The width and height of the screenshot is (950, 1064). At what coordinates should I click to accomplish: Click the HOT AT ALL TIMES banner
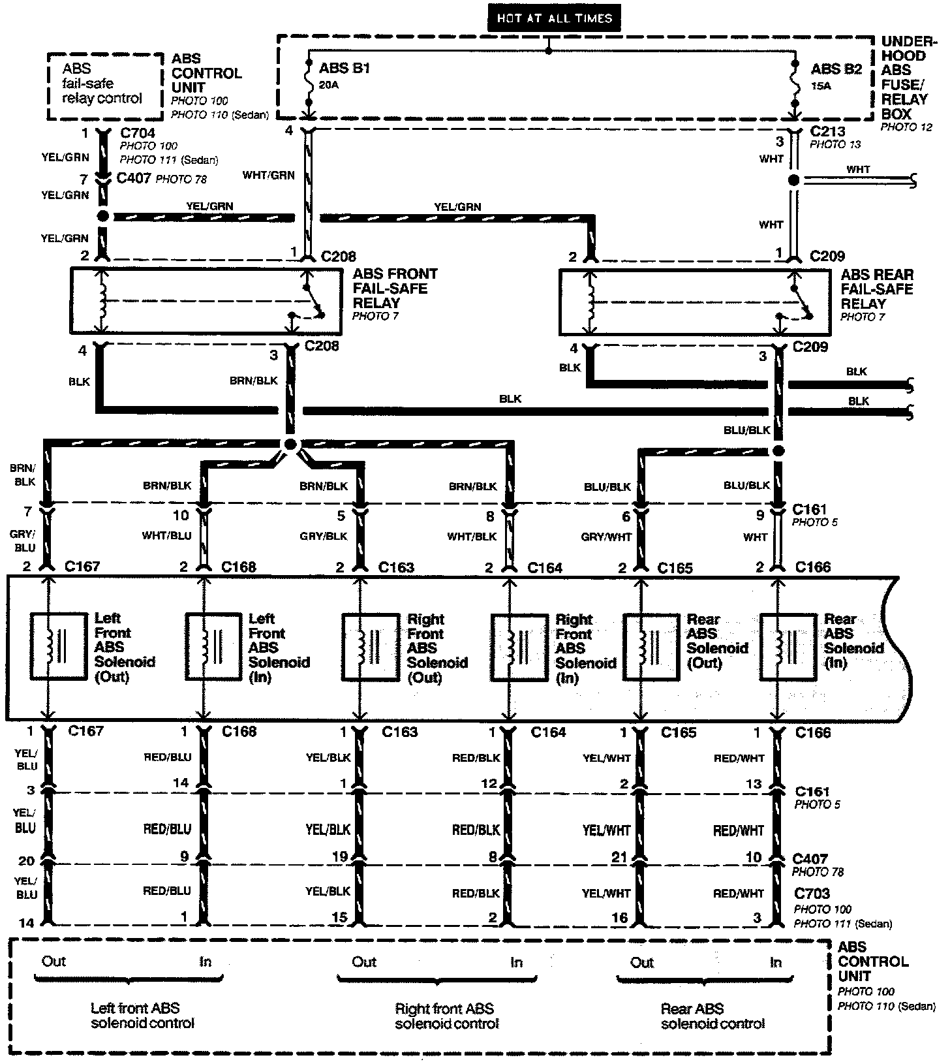554,18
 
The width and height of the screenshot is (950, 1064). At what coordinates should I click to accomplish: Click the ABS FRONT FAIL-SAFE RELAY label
395,289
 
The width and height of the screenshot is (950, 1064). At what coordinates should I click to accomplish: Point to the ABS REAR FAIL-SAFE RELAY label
877,289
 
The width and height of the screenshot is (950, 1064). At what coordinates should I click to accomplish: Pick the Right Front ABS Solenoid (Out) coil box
371,646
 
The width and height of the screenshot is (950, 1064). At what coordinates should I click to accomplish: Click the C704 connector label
138,133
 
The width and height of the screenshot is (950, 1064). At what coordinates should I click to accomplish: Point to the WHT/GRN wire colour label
268,175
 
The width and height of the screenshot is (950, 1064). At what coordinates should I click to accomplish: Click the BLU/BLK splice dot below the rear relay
778,450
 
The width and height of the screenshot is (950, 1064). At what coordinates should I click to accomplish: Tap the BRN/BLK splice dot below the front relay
291,444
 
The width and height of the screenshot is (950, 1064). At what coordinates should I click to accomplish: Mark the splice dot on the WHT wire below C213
794,180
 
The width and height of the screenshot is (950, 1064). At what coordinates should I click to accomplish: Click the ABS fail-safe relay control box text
102,84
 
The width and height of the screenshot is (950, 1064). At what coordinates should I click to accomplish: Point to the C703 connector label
812,893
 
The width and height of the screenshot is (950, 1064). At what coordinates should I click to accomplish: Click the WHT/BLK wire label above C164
472,537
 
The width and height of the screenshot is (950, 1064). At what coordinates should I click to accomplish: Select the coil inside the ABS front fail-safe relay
102,301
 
